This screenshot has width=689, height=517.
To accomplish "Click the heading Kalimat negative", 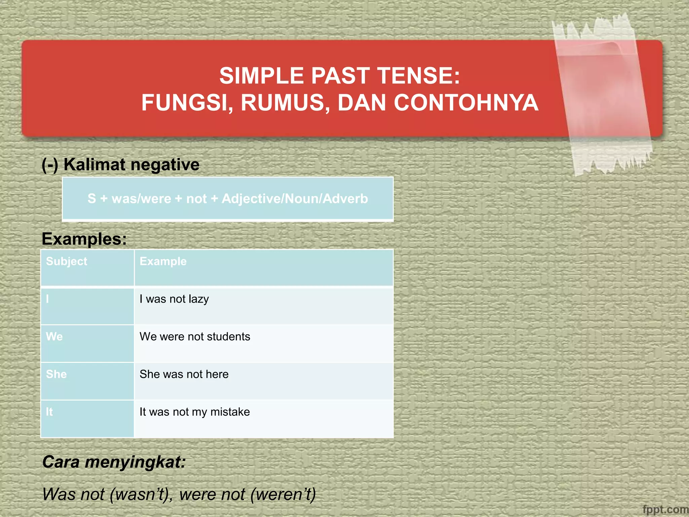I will (131, 165).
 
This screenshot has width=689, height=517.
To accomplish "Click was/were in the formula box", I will (141, 199).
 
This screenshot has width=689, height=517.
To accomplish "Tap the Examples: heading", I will (84, 239).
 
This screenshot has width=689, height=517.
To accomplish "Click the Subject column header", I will (67, 261).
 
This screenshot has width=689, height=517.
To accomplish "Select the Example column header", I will (163, 261).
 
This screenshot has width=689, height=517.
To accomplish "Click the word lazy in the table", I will (198, 299).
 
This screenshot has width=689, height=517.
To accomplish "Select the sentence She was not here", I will (184, 374).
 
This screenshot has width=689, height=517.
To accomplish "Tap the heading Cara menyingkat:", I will (114, 462).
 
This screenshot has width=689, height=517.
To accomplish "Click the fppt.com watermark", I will (665, 510).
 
